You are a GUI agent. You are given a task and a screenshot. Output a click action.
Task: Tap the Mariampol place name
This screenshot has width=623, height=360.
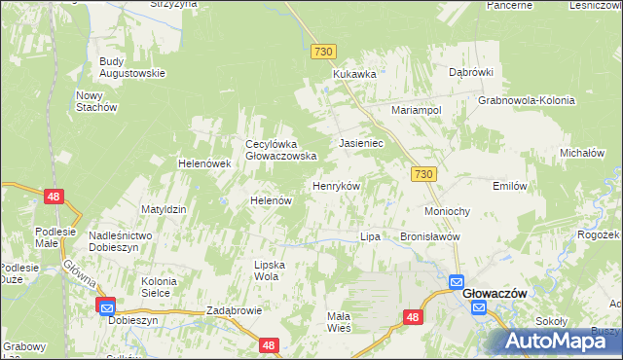click(417, 110)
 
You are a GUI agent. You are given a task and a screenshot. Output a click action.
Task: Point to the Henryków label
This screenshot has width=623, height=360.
click(336, 185)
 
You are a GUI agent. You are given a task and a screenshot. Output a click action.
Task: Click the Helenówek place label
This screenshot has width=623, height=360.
click(203, 163)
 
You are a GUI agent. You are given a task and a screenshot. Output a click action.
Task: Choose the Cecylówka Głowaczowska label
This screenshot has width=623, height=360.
click(281, 149)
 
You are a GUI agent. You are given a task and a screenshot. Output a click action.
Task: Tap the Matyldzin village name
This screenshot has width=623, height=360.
click(164, 209)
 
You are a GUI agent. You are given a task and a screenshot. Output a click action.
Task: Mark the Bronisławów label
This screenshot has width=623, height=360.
click(430, 236)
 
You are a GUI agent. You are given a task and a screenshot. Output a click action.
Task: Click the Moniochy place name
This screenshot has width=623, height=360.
click(448, 211)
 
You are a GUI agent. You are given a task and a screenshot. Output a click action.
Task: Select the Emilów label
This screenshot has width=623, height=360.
click(510, 185)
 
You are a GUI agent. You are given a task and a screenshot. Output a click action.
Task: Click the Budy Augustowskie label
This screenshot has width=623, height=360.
click(132, 66)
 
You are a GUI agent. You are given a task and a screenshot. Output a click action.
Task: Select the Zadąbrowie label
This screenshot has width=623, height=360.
click(235, 311)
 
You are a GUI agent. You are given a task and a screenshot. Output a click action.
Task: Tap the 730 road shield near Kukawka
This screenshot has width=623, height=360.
click(324, 50)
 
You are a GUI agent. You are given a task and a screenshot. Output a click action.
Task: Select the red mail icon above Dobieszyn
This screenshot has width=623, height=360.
click(106, 306)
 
